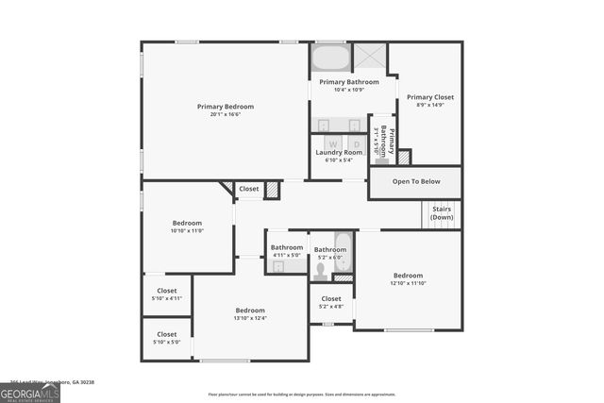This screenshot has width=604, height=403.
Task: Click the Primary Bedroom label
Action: (x=225, y=107)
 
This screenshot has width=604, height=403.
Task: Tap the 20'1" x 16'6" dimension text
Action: (x=225, y=115)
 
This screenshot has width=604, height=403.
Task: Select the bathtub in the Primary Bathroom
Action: (x=329, y=59)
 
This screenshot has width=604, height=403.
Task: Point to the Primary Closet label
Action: (x=430, y=97)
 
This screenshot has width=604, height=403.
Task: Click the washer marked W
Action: (x=332, y=143)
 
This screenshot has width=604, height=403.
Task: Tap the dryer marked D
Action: (x=356, y=143)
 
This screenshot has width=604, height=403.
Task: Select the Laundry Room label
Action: (x=339, y=152)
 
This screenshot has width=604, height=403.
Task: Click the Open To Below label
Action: (x=415, y=181)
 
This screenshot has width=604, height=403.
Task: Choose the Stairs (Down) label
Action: (x=442, y=213)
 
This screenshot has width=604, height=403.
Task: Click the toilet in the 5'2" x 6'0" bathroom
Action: (x=321, y=270)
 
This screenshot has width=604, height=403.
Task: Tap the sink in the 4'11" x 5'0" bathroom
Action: (x=279, y=267)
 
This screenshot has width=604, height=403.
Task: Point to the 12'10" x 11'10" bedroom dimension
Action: (x=409, y=283)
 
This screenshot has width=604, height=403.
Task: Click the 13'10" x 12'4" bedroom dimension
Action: (x=250, y=318)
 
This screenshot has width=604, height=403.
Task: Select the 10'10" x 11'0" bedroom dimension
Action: (x=187, y=231)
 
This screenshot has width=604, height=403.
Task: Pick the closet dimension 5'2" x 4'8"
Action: (x=331, y=306)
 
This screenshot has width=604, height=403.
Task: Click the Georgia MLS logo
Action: (x=30, y=394)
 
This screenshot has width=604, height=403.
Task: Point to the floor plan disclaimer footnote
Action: (x=301, y=395)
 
